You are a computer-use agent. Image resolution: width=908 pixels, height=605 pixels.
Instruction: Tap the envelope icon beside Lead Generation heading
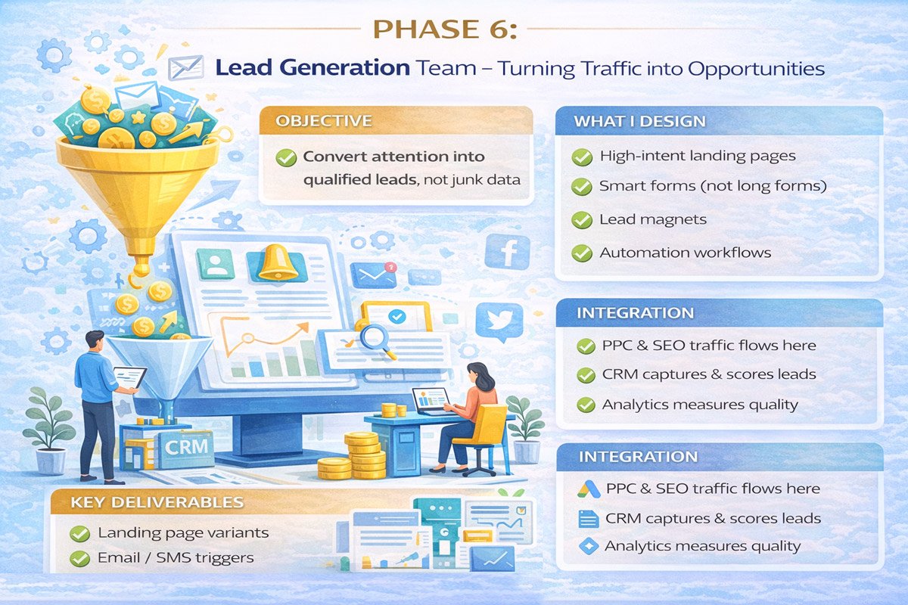(x=186, y=67)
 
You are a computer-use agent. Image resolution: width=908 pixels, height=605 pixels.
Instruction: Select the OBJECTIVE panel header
(x=324, y=121)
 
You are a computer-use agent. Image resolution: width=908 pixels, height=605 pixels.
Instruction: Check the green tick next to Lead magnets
(x=582, y=220)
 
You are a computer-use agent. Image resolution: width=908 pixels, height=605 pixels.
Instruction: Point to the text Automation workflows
(x=685, y=253)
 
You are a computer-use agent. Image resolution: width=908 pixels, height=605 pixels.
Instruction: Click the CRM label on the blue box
(x=185, y=445)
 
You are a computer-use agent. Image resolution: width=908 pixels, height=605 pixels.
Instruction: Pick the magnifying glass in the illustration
(x=374, y=337)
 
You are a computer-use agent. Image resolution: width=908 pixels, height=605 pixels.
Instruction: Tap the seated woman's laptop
(x=430, y=399)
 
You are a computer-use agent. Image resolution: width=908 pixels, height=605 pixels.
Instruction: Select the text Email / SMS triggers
(x=176, y=558)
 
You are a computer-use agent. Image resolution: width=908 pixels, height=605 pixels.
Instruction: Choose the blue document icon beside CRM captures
(x=587, y=519)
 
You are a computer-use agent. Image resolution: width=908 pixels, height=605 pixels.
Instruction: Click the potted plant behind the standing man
(x=48, y=431)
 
